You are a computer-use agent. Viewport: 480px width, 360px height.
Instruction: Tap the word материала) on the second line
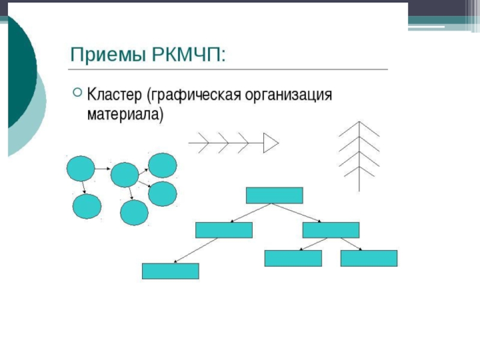point(125,114)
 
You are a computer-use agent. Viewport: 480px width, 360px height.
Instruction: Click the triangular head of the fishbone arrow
point(271,143)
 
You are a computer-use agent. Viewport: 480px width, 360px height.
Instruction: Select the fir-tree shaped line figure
point(359,150)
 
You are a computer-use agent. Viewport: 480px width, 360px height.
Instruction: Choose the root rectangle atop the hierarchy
point(274,196)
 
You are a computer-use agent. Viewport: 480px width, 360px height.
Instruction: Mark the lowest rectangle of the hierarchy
point(170,271)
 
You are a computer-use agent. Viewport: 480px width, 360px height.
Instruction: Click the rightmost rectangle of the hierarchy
point(368,258)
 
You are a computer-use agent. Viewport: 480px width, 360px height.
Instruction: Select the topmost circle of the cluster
point(162,165)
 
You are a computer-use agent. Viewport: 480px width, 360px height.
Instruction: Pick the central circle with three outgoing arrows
point(125,175)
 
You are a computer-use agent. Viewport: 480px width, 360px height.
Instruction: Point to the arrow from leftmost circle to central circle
point(103,170)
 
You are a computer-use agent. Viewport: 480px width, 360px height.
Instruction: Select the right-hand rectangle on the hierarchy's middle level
point(331,230)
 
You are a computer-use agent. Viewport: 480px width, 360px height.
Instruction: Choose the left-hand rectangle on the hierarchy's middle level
point(224,230)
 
